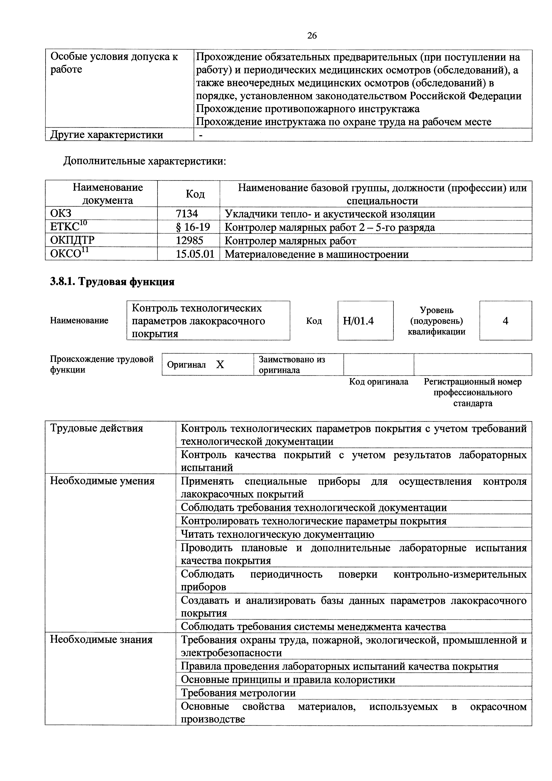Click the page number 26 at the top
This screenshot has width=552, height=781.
click(312, 36)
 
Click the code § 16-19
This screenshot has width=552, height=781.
click(193, 227)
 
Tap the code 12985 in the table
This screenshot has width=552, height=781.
click(189, 241)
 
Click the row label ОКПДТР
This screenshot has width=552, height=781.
click(72, 241)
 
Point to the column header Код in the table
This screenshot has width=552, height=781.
click(195, 194)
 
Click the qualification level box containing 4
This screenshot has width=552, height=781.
click(505, 321)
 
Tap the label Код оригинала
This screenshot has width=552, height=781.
click(379, 382)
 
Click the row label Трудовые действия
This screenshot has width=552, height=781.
click(97, 428)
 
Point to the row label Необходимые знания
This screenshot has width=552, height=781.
click(101, 640)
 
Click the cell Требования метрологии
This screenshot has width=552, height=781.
click(238, 693)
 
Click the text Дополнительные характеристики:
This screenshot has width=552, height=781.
click(144, 161)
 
